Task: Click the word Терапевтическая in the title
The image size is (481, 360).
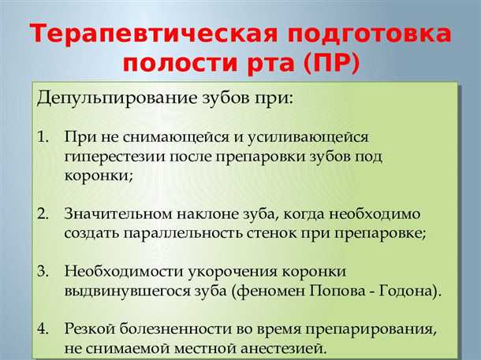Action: tap(148, 35)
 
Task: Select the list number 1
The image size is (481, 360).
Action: tap(43, 138)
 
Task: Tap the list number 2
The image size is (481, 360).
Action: tap(43, 214)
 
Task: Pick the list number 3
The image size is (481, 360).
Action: tap(43, 272)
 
